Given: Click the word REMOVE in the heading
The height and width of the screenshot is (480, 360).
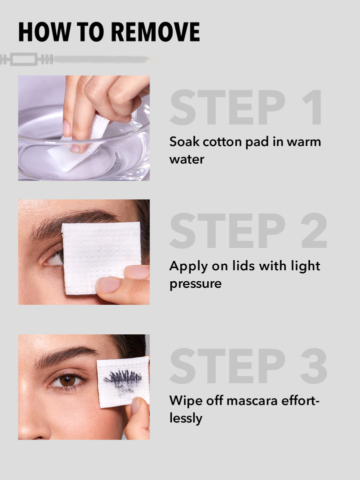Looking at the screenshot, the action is [155, 32].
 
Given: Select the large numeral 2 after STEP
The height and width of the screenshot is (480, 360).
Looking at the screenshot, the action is [314, 230].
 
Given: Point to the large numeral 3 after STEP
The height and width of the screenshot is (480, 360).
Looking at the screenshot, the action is [314, 366].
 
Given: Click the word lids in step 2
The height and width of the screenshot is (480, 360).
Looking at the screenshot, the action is [243, 265].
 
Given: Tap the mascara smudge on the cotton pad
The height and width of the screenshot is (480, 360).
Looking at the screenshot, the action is [123, 379].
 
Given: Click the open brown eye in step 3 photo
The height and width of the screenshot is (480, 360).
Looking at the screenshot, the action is [66, 380].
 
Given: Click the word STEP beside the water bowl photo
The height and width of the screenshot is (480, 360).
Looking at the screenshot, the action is [227, 107].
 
